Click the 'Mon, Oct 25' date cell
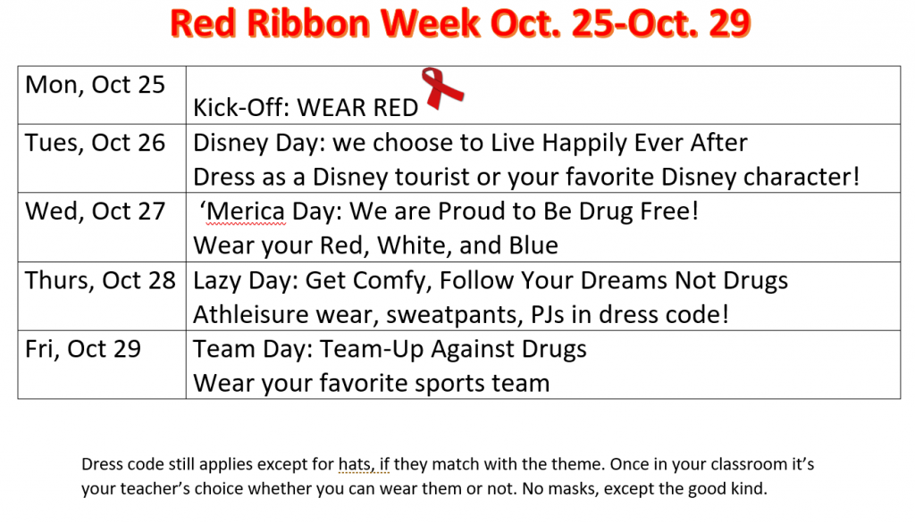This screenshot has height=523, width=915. (x=102, y=95)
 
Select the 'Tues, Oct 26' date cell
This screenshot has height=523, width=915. (x=102, y=159)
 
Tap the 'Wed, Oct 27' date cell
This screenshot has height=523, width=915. (x=102, y=228)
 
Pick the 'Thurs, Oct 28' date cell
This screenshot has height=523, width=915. (x=102, y=296)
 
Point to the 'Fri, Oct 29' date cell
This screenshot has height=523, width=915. (x=102, y=365)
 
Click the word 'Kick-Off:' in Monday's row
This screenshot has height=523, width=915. (x=241, y=107)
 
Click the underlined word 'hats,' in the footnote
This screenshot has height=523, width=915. (x=356, y=464)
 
